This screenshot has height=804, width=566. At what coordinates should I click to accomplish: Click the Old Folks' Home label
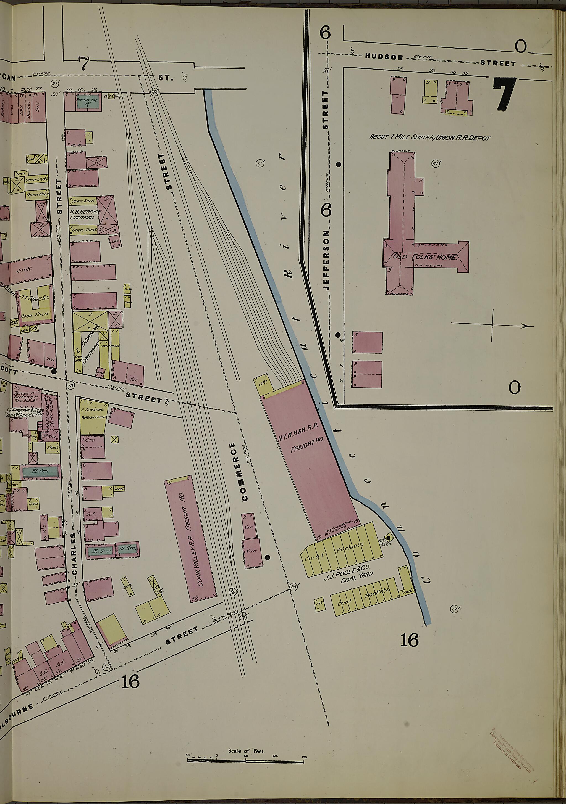point(424,257)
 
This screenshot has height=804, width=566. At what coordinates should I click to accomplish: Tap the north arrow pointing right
point(492,325)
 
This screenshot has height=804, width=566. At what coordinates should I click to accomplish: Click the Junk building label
point(24,270)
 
